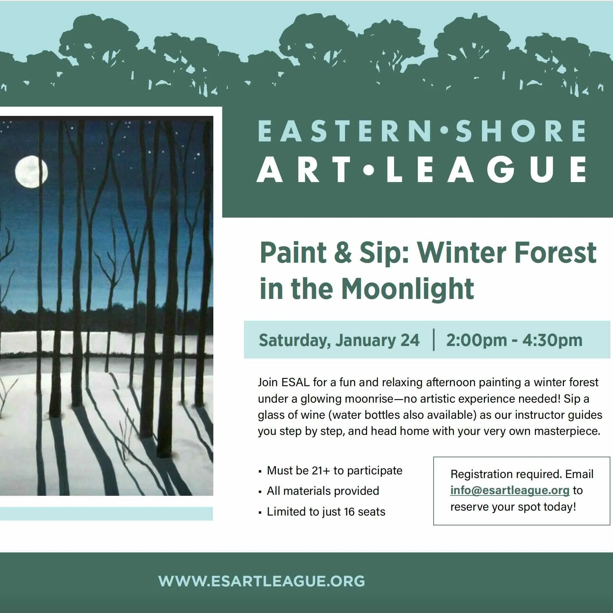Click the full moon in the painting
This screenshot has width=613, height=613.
coord(31,172)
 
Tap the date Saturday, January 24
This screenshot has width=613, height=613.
coord(339,340)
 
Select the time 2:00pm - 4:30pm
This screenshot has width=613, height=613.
coord(514,340)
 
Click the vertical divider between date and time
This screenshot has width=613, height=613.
coord(434,340)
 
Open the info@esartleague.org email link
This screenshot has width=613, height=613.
coord(510,490)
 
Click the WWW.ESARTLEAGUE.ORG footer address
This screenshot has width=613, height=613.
coord(261,581)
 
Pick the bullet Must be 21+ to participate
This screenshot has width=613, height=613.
coord(334,470)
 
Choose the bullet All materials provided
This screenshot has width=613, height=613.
coord(323,491)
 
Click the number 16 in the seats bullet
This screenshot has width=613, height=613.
coord(349,512)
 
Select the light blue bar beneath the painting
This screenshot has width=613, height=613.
coord(106,514)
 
